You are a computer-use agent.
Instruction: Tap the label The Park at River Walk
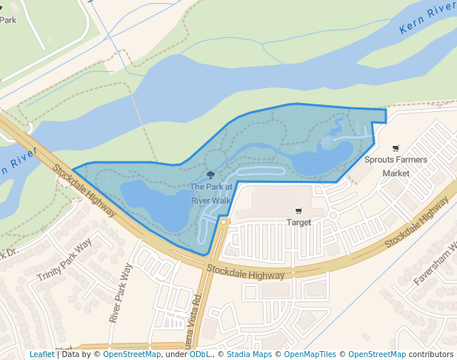point(211,194)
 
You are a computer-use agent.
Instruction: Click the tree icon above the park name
point(211,176)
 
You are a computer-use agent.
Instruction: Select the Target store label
point(298,222)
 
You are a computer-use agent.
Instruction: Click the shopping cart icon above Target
point(298,211)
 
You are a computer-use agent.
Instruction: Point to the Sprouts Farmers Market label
point(396,166)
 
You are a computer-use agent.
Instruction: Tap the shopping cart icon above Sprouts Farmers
point(396,148)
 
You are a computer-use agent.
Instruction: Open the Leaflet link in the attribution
point(41,354)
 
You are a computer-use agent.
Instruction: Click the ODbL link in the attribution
point(200,354)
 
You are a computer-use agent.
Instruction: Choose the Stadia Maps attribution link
point(249,354)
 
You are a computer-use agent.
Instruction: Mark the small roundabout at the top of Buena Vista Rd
point(223,221)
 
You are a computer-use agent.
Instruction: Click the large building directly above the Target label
point(281,200)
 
